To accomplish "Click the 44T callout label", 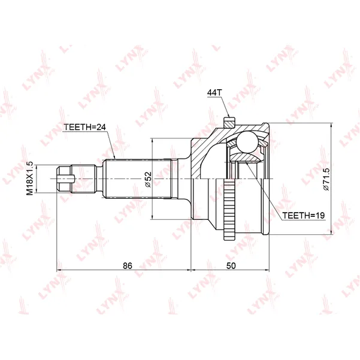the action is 214,92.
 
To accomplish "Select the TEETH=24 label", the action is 84,127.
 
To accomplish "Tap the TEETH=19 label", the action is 303,216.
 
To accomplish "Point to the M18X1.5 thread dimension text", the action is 30,179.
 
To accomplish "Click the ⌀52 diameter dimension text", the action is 149,179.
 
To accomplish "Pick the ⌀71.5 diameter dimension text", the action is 326,179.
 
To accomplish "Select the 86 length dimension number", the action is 128,265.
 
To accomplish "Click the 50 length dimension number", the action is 231,265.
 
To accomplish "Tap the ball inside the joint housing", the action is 247,141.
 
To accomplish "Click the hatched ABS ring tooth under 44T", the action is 229,122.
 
